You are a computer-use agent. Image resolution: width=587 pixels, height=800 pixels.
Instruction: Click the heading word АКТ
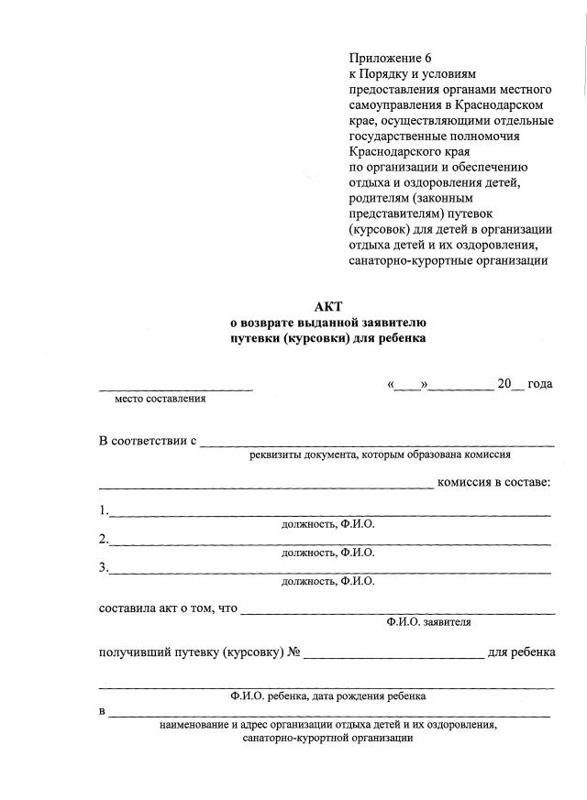[x=327, y=307]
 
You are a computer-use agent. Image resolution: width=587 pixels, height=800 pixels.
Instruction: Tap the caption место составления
[x=160, y=399]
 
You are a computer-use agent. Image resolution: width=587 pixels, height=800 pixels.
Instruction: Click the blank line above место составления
[x=175, y=389]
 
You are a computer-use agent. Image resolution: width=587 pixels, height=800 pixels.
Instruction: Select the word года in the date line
[x=539, y=384]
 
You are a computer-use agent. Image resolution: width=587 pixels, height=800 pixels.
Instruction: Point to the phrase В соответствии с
[x=148, y=441]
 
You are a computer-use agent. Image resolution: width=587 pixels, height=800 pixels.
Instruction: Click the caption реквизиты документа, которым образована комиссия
[x=380, y=455]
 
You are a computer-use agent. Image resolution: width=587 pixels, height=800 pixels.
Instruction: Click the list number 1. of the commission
[x=104, y=510]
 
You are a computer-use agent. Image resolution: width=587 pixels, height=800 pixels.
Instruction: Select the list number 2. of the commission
[x=104, y=539]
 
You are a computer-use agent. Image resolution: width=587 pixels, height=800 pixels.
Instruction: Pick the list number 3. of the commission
[x=104, y=567]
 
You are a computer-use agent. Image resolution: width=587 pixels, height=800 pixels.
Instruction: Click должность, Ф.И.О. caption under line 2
[x=327, y=553]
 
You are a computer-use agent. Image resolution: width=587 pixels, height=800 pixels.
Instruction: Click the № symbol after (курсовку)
[x=294, y=652]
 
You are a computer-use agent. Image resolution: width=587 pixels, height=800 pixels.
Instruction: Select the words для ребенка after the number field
[x=521, y=652]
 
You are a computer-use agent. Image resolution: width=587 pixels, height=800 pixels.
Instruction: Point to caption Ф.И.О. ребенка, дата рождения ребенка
[x=327, y=696]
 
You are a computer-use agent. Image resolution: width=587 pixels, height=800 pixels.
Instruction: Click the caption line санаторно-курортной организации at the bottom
[x=327, y=739]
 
